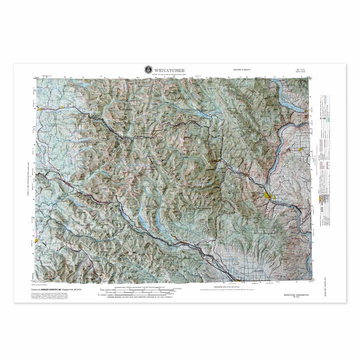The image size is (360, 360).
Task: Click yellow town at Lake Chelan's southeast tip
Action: point(306,111)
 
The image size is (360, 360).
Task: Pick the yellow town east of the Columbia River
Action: point(300,149)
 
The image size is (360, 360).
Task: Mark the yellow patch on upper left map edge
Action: point(38,106)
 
